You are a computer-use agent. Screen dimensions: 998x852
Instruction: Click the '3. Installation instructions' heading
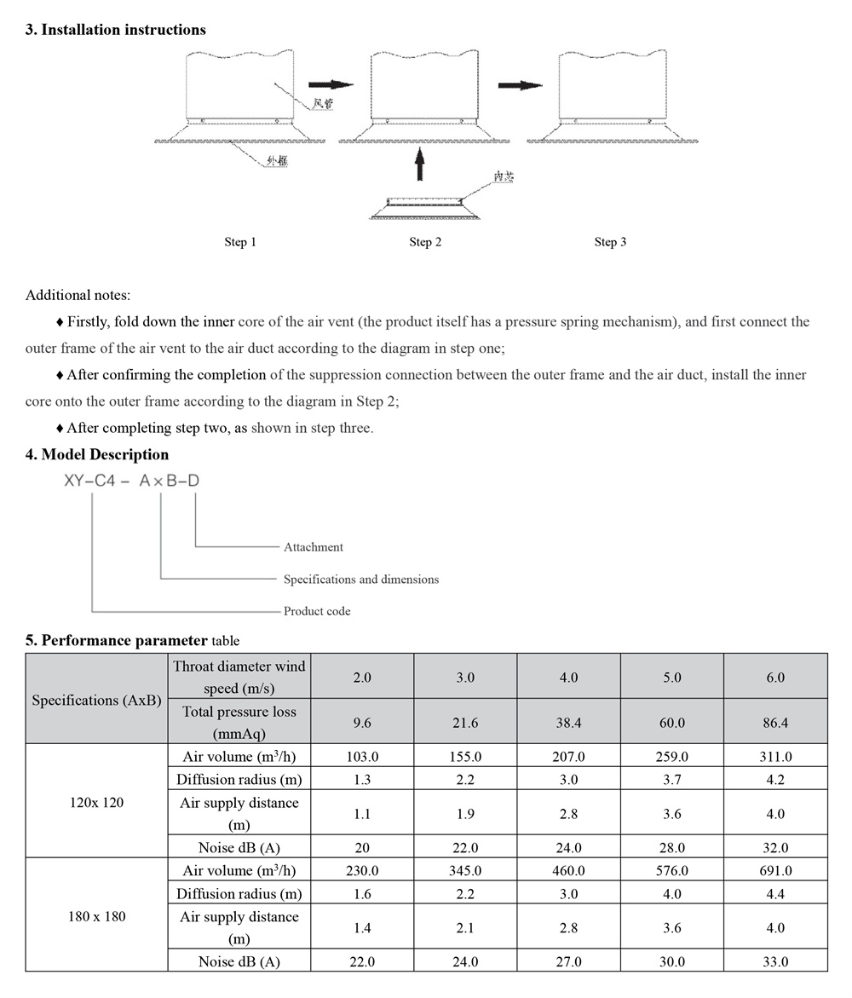click(115, 30)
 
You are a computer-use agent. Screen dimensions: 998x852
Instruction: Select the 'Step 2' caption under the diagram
click(425, 242)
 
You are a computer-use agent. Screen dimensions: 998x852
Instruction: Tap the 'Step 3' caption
click(610, 242)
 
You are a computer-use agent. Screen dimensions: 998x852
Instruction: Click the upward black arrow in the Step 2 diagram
click(418, 164)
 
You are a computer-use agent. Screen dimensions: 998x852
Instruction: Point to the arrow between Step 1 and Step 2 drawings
click(330, 84)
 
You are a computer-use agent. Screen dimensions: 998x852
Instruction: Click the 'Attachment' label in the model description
click(314, 547)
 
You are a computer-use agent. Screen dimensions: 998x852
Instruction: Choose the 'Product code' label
click(317, 611)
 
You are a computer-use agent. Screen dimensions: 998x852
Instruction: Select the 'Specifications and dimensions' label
click(361, 580)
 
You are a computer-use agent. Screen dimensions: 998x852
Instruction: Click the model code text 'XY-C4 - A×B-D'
click(132, 482)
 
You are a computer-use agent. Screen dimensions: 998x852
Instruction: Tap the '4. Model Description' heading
click(97, 455)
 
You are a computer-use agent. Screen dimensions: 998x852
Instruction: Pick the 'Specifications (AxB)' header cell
click(96, 700)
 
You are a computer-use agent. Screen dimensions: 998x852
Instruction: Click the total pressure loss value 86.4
click(775, 723)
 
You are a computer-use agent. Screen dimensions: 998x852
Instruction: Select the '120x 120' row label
click(96, 802)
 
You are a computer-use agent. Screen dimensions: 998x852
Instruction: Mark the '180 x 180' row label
click(96, 916)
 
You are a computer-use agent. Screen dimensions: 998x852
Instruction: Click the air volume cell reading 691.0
click(775, 871)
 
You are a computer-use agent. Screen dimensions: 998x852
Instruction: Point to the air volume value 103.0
click(362, 757)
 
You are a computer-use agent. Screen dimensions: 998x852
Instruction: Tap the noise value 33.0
click(775, 962)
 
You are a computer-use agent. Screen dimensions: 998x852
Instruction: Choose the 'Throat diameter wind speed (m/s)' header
click(239, 677)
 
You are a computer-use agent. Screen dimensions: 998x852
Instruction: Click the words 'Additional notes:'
click(78, 296)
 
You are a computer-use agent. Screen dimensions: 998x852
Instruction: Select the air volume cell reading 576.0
click(672, 871)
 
